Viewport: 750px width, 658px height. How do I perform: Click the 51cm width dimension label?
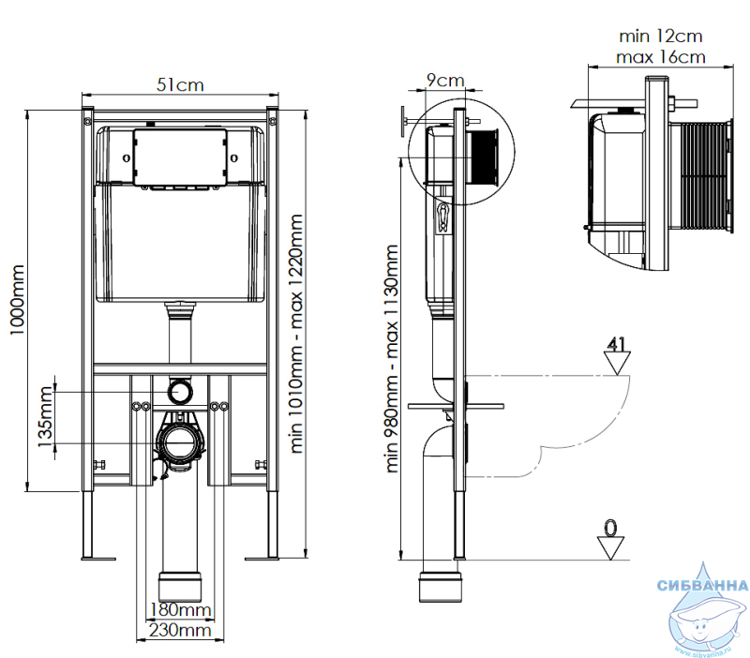[180, 84]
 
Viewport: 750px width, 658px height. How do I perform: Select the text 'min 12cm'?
[660, 37]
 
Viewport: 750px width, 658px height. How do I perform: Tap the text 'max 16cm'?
[660, 57]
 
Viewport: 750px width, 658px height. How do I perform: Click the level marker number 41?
[615, 342]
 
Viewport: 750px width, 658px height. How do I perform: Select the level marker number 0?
[611, 530]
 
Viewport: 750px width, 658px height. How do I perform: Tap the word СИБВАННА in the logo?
[703, 587]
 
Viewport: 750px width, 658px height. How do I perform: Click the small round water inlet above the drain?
[179, 388]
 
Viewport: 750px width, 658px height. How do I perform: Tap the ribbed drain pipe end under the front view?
[180, 585]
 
